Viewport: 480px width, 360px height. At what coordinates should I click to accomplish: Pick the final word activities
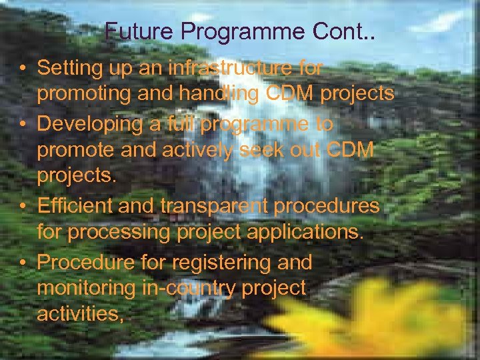click(x=79, y=315)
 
